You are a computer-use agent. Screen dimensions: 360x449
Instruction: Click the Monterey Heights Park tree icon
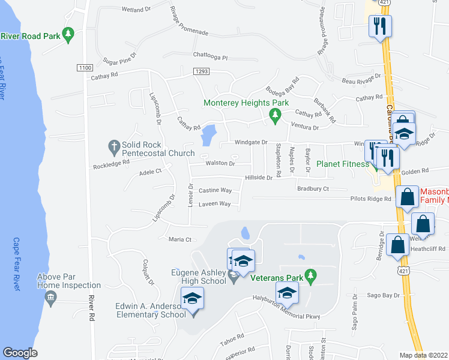275,114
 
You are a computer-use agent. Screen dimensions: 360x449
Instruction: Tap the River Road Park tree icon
70,35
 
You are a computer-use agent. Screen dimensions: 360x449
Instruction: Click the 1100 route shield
85,68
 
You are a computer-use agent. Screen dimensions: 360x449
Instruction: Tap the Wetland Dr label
136,10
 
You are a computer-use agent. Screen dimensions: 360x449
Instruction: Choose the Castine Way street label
215,190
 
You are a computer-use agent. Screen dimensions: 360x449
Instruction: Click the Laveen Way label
215,204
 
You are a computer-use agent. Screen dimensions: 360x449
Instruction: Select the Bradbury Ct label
313,188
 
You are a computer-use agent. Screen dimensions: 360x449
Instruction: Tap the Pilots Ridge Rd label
371,199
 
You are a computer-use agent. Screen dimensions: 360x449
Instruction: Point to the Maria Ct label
179,239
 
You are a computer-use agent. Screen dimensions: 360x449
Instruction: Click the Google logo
20,353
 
